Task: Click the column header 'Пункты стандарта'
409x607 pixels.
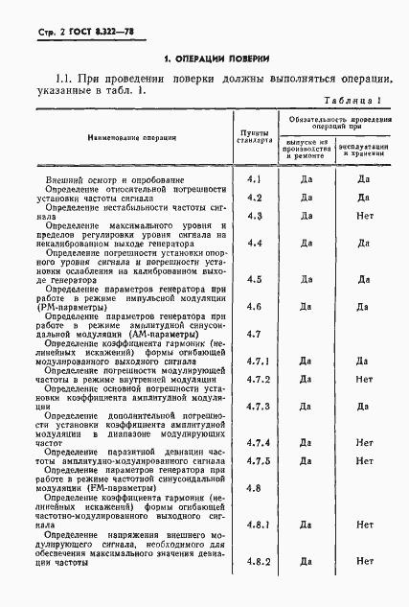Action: (x=253, y=133)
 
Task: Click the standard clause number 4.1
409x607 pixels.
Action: (x=253, y=178)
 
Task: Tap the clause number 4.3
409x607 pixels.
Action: (x=253, y=216)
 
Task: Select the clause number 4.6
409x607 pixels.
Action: (x=253, y=306)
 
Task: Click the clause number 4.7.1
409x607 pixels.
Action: (x=255, y=361)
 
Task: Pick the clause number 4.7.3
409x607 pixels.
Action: (x=255, y=406)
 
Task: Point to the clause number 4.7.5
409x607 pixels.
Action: (x=255, y=460)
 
